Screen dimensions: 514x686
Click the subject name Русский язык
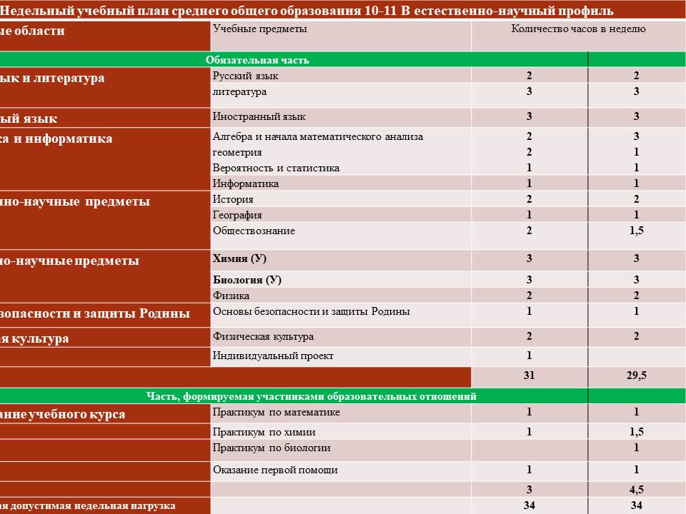(x=246, y=76)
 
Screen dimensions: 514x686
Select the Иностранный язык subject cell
(x=259, y=116)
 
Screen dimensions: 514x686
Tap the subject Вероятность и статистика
(x=276, y=168)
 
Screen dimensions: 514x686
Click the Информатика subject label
(x=246, y=183)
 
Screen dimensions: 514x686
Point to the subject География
(x=237, y=215)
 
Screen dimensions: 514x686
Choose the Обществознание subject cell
(x=254, y=231)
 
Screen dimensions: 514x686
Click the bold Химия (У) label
(x=239, y=258)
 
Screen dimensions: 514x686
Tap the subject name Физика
(x=231, y=295)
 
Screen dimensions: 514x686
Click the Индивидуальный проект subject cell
(x=273, y=356)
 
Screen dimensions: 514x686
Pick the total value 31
(x=529, y=376)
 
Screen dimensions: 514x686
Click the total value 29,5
(x=636, y=376)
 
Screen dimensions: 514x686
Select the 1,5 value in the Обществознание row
(x=636, y=231)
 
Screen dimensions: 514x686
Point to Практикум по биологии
(x=272, y=448)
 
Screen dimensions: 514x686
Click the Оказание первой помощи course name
(x=275, y=470)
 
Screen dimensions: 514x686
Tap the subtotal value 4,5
(x=636, y=490)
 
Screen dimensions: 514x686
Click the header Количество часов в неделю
(x=578, y=29)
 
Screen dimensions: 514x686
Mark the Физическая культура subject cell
(x=263, y=336)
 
